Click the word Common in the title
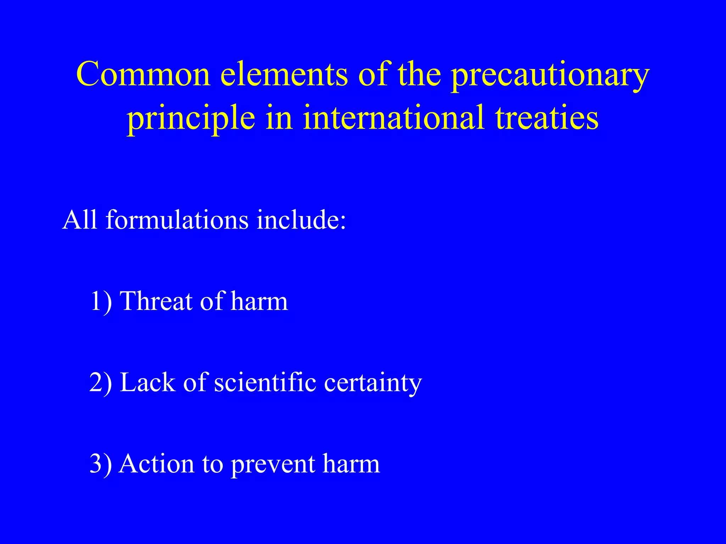(144, 74)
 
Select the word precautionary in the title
(550, 76)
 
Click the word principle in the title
(191, 119)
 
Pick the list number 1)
(101, 301)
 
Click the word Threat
(156, 301)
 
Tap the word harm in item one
(259, 301)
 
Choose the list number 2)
(101, 382)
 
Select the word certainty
(373, 384)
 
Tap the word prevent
(273, 465)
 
